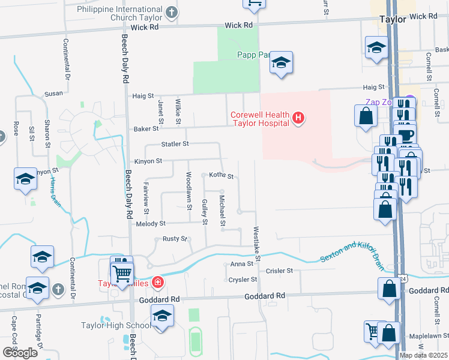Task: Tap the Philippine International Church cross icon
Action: [x=171, y=13]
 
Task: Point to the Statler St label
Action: [x=175, y=144]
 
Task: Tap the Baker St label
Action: [x=146, y=128]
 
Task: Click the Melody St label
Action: [x=151, y=224]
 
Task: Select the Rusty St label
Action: [x=175, y=239]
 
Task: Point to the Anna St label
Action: [x=242, y=264]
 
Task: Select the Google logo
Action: [x=20, y=353]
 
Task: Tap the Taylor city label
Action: [x=393, y=19]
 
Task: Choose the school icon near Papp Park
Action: [x=280, y=63]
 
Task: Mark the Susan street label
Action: [x=53, y=94]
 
